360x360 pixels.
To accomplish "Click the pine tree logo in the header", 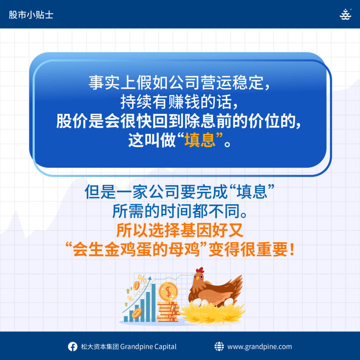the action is [345, 14].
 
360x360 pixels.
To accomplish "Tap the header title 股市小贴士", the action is [31, 15].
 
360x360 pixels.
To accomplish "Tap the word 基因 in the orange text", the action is [196, 230].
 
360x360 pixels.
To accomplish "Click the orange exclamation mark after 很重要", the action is [292, 250].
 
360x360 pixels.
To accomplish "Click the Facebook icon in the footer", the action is [72, 346].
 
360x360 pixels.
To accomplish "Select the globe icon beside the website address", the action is [219, 346].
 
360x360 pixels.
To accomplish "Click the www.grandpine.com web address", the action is [260, 347].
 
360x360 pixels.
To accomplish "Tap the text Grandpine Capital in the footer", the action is [148, 346].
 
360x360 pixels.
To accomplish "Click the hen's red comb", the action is [200, 270].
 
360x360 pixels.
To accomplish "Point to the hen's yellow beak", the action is [197, 278].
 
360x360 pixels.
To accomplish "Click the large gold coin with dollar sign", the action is [168, 291].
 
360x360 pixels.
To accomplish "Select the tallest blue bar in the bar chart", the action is [153, 303].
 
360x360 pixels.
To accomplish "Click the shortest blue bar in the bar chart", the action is [126, 319].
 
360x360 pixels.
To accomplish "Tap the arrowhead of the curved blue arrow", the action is [150, 278].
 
